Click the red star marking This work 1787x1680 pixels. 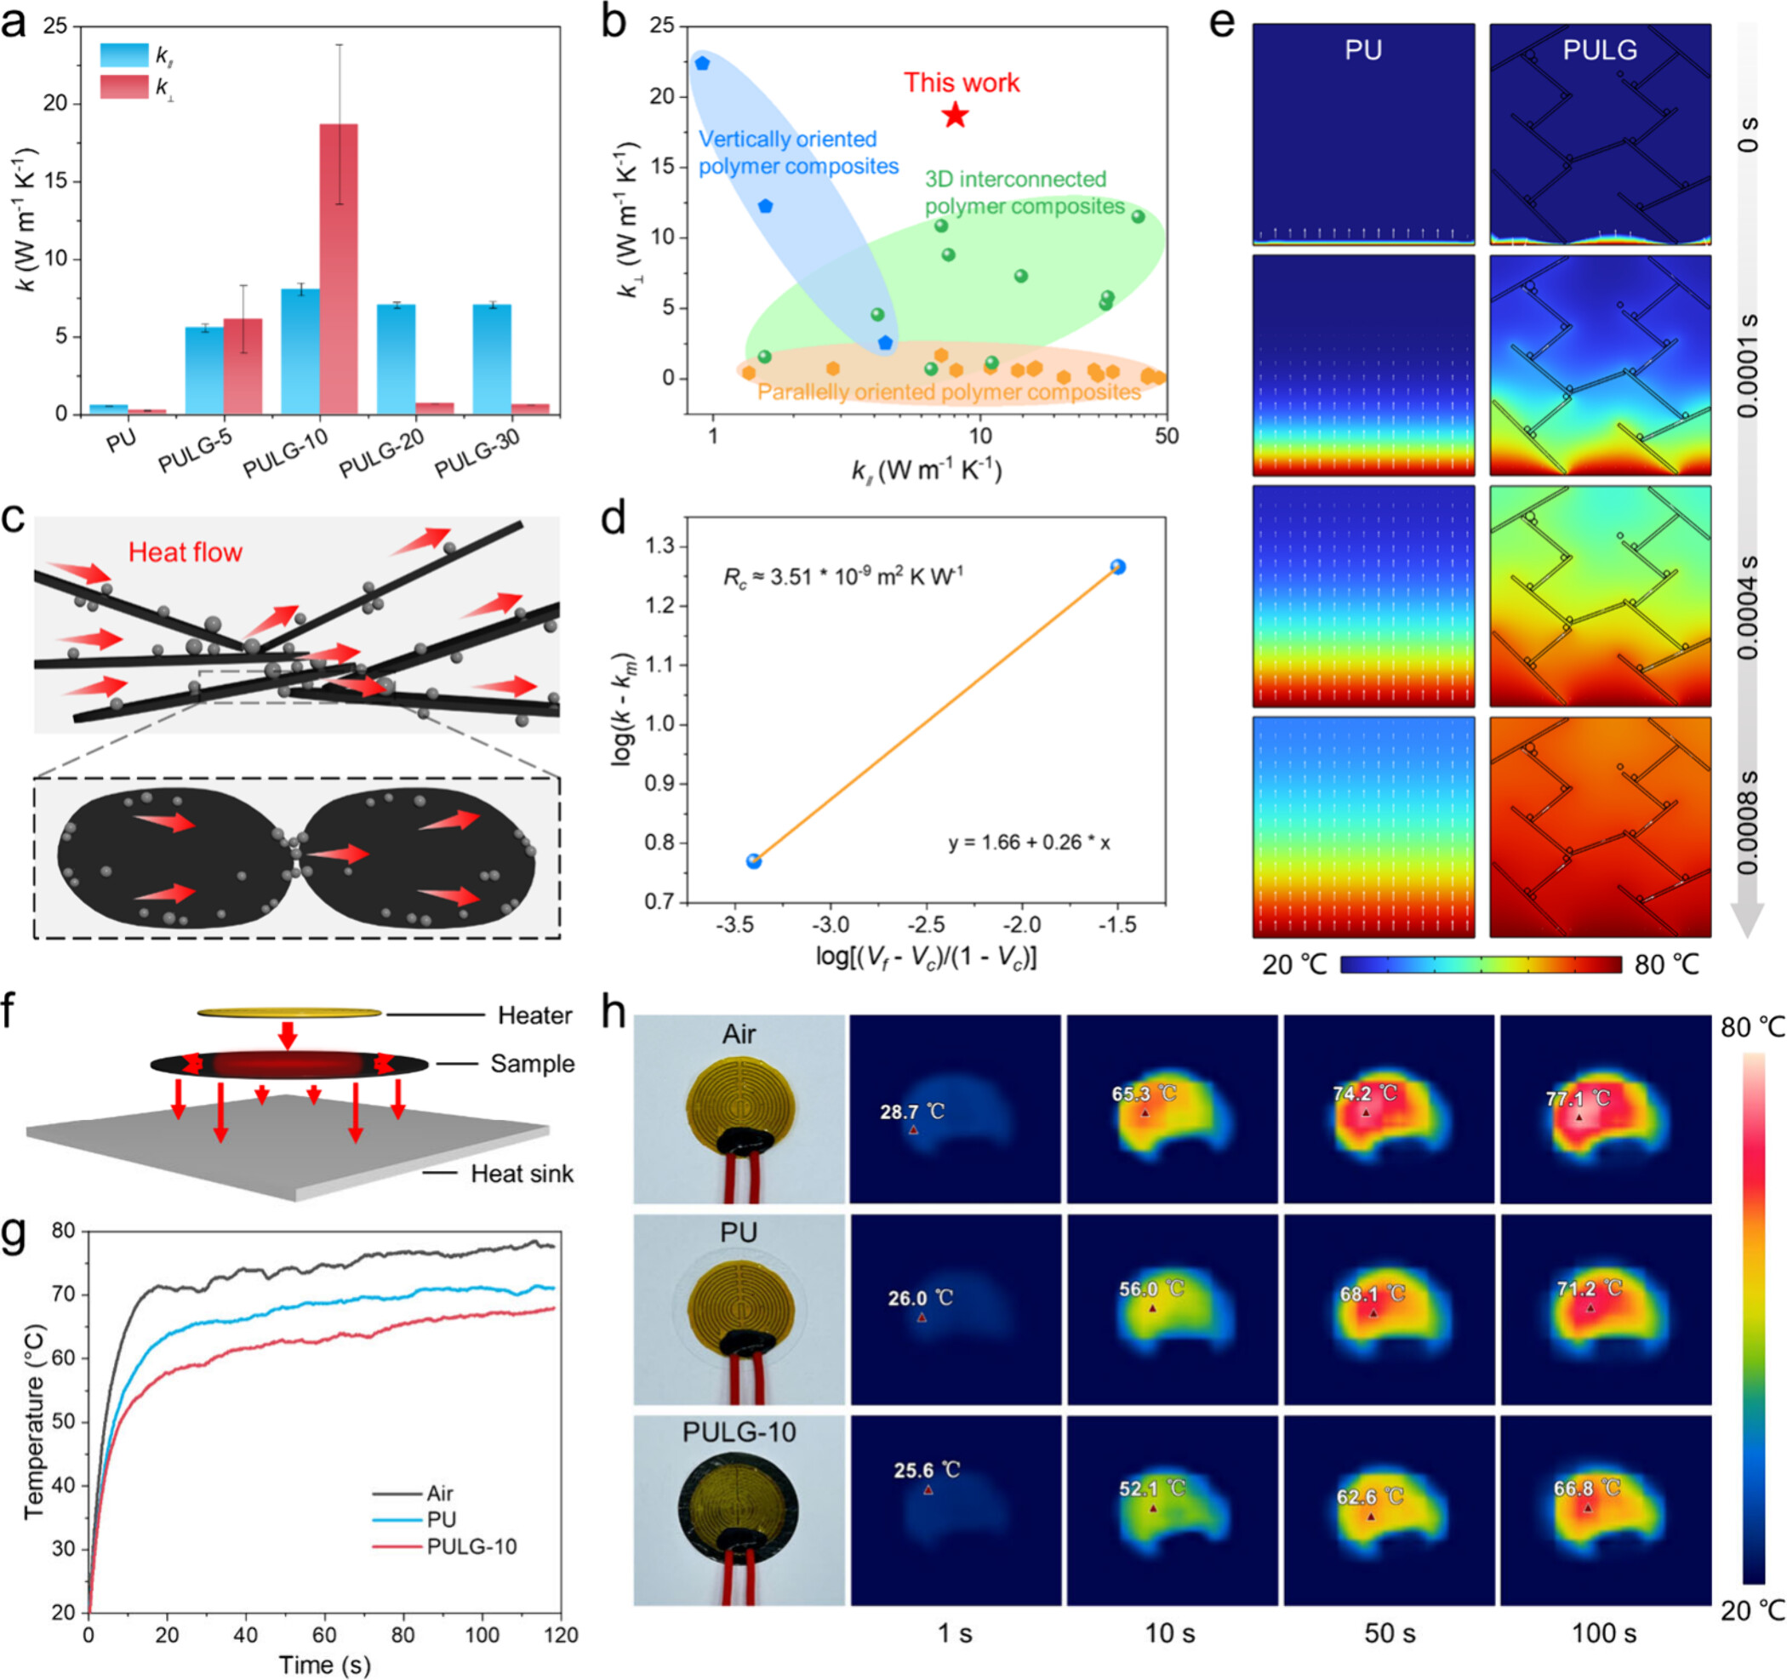(x=955, y=115)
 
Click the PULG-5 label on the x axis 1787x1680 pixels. (x=194, y=449)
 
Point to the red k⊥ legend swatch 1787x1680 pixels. (x=123, y=87)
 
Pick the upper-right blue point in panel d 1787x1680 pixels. (x=1117, y=566)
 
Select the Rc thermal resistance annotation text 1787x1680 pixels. (x=842, y=576)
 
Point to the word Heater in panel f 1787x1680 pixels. (x=535, y=1014)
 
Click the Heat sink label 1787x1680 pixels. (x=522, y=1173)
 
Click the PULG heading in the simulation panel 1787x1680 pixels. (x=1599, y=49)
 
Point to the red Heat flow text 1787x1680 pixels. (x=186, y=551)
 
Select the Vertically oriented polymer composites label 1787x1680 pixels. (x=798, y=153)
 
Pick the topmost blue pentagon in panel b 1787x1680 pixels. (x=702, y=63)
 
